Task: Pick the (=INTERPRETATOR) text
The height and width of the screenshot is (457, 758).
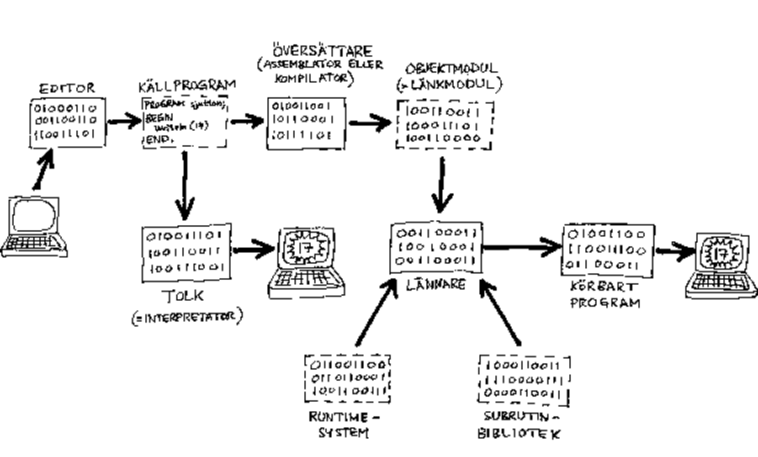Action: point(187,318)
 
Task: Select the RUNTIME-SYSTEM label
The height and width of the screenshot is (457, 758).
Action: point(344,425)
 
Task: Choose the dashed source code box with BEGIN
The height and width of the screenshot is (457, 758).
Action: point(183,121)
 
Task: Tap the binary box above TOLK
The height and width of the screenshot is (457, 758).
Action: point(186,251)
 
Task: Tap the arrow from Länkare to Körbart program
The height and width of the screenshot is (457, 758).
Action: point(521,248)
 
